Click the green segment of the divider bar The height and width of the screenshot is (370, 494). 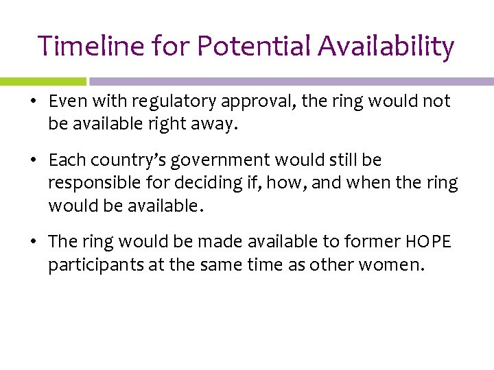pyautogui.click(x=43, y=81)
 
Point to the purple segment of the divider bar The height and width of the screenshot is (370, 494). pyautogui.click(x=288, y=81)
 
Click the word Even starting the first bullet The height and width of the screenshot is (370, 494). pyautogui.click(x=64, y=101)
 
